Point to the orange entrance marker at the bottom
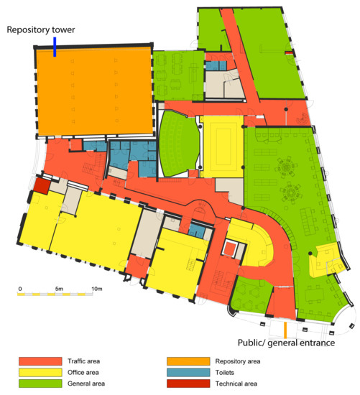286,330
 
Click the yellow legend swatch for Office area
40,372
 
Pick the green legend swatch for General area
40,384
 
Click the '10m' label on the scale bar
96,289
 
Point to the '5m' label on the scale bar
59,289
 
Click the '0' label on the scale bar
20,289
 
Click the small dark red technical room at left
42,186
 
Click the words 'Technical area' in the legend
236,384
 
